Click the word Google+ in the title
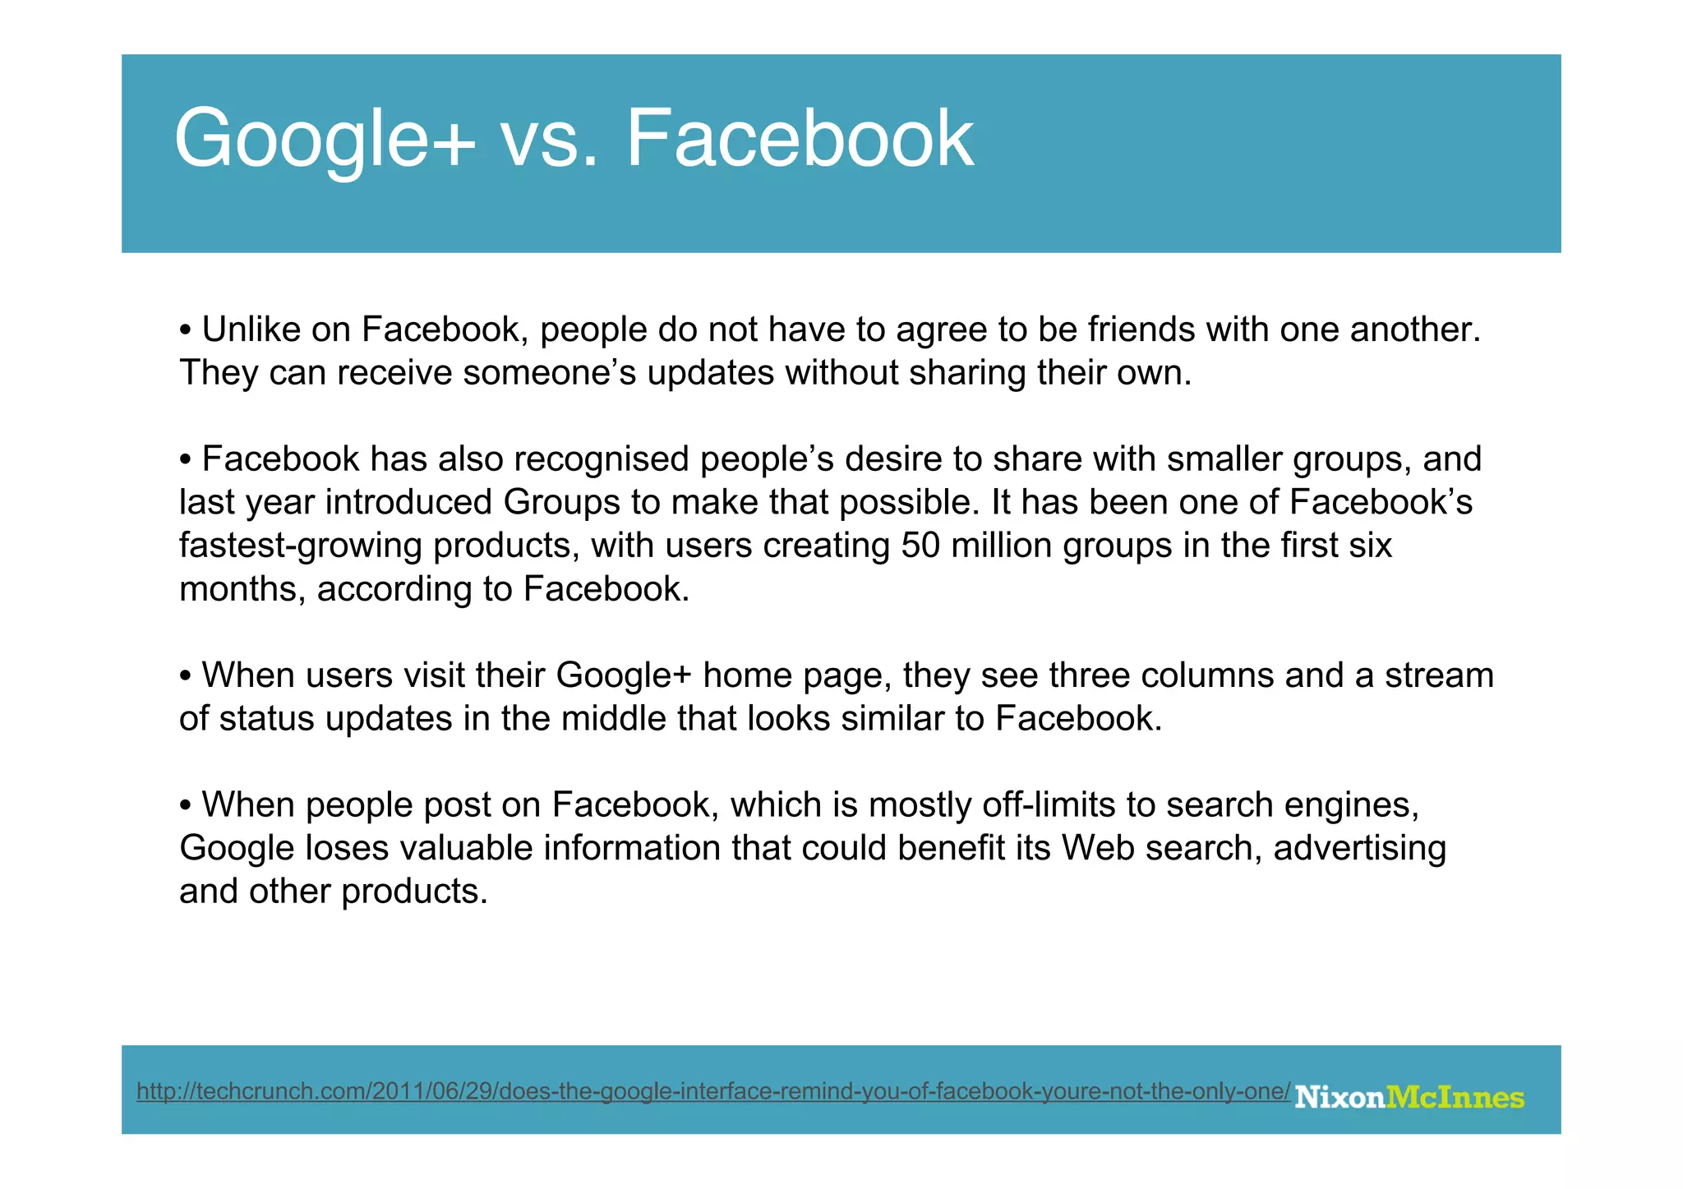[324, 140]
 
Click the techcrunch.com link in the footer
[712, 1091]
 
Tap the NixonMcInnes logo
[1409, 1097]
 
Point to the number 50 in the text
[920, 546]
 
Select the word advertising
[1359, 848]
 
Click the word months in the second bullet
[242, 589]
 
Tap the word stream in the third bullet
[1439, 675]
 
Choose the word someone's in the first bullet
[550, 373]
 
